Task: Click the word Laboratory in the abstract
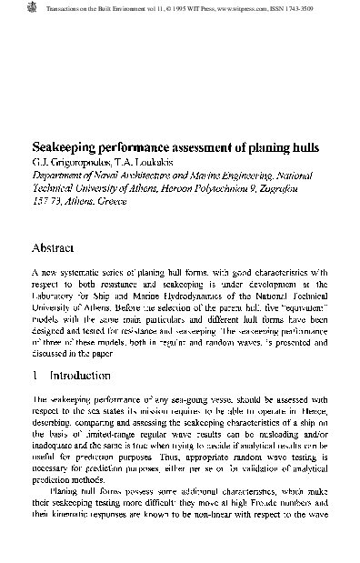click(55, 295)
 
